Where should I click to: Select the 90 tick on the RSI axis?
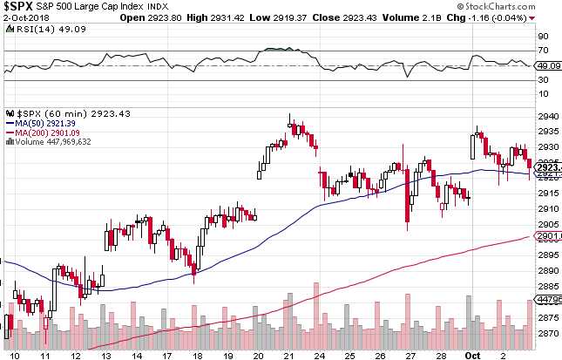pyautogui.click(x=541, y=37)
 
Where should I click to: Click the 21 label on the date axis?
pyautogui.click(x=288, y=355)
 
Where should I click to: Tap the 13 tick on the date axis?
pyautogui.click(x=106, y=355)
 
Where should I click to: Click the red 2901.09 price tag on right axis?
pyautogui.click(x=547, y=236)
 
